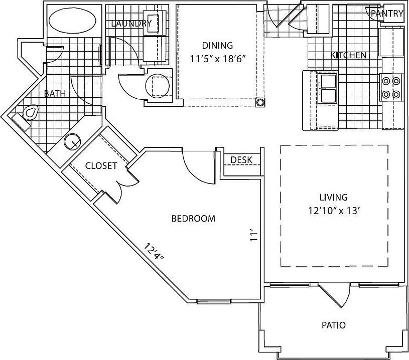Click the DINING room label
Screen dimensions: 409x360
217,46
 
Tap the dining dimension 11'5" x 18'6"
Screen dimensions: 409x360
218,59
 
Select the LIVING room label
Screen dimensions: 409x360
334,197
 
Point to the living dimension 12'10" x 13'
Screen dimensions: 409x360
334,211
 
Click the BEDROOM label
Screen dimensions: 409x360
193,219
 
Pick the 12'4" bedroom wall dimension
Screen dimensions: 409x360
154,251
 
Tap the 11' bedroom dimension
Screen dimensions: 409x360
254,235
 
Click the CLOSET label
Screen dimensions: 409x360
101,165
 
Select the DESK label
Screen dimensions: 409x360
241,159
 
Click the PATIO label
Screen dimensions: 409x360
334,325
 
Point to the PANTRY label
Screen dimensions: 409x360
387,14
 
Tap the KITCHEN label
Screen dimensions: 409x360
348,55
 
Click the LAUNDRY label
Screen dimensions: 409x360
131,24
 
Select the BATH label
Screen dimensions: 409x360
55,93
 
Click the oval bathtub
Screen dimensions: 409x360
72,22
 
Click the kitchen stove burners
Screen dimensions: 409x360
391,87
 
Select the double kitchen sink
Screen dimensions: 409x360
328,88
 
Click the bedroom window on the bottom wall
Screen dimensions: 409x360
214,302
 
